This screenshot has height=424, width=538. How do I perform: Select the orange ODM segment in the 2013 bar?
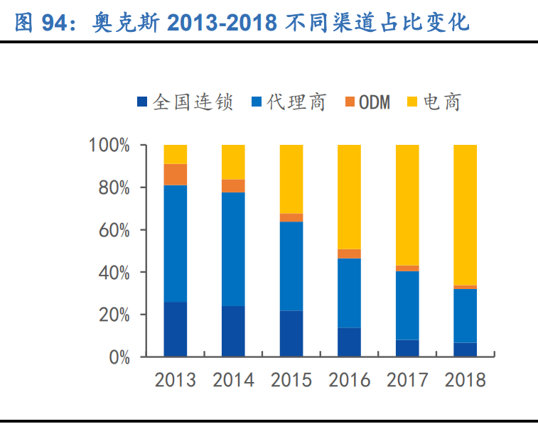pos(175,174)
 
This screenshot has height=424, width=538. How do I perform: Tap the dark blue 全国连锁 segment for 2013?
pos(175,329)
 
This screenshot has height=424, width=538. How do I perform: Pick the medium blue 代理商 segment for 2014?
pos(233,249)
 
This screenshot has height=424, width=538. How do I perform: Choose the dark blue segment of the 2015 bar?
pos(291,333)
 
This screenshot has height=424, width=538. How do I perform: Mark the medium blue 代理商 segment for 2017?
pos(407,305)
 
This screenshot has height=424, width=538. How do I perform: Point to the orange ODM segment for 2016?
pos(349,254)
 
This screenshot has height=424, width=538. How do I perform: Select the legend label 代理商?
pos(296,103)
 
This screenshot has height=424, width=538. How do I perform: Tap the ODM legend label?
pos(374,103)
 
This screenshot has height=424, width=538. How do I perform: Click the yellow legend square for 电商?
pos(411,104)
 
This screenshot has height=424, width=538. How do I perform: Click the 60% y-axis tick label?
pos(113,230)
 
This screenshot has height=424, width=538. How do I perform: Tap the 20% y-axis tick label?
pos(113,315)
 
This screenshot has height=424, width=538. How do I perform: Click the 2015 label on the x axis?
pos(291,380)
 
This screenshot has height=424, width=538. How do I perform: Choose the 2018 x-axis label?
pos(465,380)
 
